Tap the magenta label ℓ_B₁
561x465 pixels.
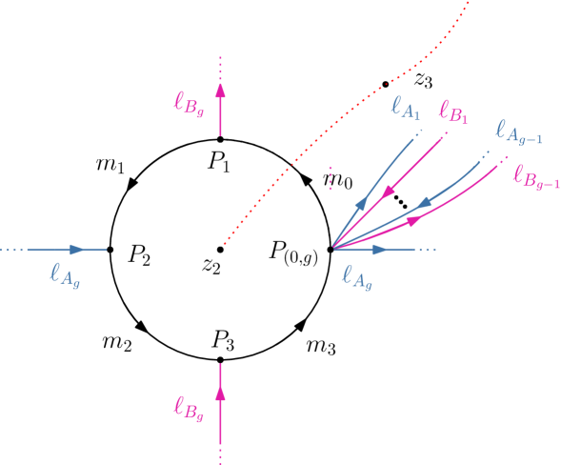452,112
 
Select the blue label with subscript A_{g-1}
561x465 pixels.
519,133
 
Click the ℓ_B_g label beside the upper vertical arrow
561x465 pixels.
188,102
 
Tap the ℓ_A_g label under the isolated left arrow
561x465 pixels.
65,275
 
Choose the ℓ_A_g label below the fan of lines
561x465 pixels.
357,277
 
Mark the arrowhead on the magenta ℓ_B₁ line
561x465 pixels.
388,192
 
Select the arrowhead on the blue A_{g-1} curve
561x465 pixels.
424,202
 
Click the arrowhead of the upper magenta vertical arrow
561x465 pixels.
220,91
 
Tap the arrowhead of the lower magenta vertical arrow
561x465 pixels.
220,393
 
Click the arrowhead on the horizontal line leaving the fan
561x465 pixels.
380,250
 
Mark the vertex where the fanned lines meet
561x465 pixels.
332,249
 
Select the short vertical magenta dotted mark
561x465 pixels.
330,178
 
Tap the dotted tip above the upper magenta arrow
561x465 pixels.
220,67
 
